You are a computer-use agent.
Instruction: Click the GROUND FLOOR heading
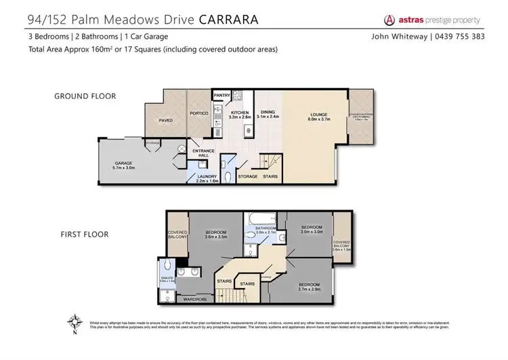pyautogui.click(x=85, y=96)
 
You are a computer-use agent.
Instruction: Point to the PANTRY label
pyautogui.click(x=221, y=96)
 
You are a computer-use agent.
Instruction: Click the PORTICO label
pyautogui.click(x=198, y=113)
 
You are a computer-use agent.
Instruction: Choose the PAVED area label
pyautogui.click(x=165, y=121)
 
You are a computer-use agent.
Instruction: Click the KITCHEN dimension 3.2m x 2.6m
pyautogui.click(x=240, y=117)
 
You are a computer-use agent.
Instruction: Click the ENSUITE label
pyautogui.click(x=167, y=277)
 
